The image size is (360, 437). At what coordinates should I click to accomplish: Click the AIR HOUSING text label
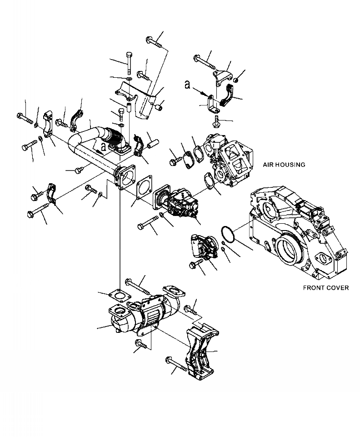pos(284,165)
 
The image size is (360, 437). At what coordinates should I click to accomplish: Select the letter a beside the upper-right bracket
pos(188,85)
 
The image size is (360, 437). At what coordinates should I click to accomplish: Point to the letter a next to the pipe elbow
pos(104,147)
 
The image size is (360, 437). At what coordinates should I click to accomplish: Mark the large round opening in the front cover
pos(288,250)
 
